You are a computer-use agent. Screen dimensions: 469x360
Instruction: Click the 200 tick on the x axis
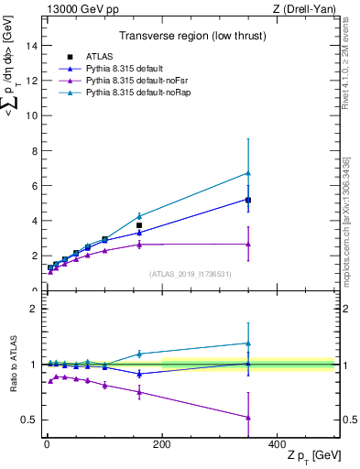coord(162,444)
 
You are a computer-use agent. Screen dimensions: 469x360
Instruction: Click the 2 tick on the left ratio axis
coord(34,309)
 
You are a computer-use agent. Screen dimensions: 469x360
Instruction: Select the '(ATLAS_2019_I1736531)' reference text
coord(190,273)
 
